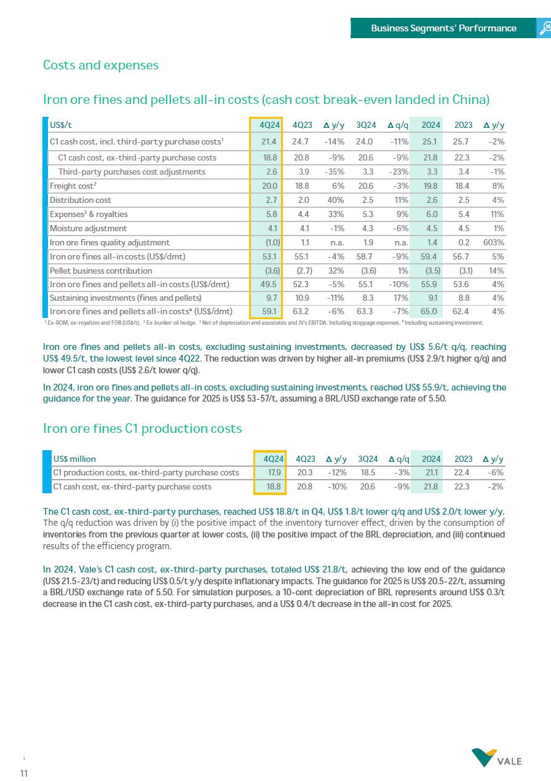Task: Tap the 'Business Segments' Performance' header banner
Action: coord(443,28)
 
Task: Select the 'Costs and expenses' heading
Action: coord(101,65)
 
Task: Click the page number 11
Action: coord(24,773)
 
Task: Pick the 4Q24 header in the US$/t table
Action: coord(269,125)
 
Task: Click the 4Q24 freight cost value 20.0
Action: coord(269,186)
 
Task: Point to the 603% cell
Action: coord(494,242)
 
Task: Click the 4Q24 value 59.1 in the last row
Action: coord(269,311)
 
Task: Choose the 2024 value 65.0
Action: coord(431,311)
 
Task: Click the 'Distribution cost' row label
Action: coord(81,200)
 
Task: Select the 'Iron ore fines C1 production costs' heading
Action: coord(143,428)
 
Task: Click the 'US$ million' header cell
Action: coord(74,459)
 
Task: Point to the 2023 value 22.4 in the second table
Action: coord(463,472)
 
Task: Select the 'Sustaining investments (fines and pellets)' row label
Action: coord(125,297)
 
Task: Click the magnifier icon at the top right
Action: coord(545,28)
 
